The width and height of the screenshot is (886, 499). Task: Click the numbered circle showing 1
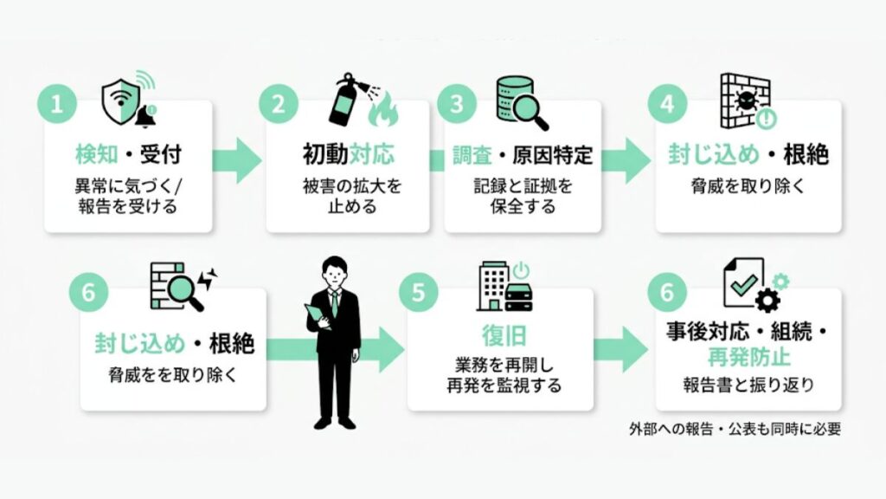tap(56, 105)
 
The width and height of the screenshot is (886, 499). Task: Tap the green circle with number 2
tap(278, 105)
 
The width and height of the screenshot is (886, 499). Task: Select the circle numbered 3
tap(456, 105)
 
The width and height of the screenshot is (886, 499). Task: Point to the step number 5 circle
tap(418, 293)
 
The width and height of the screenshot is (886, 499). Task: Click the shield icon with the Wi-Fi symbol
tap(120, 102)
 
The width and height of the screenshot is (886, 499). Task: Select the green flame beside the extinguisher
tap(383, 110)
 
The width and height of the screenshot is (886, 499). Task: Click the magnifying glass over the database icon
tap(530, 112)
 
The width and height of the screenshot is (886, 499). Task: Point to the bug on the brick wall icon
tap(745, 100)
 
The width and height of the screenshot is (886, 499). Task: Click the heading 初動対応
tap(348, 154)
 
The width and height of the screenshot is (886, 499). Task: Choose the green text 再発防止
tap(748, 358)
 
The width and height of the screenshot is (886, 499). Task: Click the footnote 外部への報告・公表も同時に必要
tap(735, 429)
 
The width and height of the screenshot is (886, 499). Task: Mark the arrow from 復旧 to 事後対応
tap(620, 349)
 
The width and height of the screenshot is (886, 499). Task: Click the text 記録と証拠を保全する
tap(523, 196)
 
